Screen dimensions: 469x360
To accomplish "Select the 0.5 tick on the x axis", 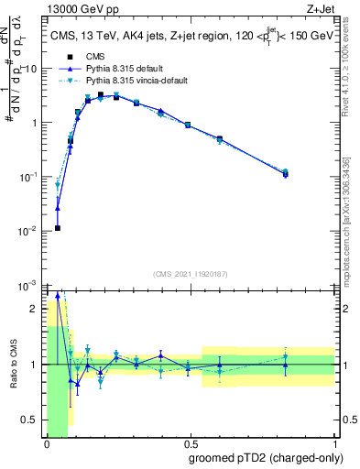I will click(190, 445).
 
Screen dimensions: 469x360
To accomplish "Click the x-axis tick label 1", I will click(333, 445).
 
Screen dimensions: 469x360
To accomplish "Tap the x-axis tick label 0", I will click(47, 445).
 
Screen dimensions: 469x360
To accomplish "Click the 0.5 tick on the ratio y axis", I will click(32, 420).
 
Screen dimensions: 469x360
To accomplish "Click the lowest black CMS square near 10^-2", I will click(58, 228).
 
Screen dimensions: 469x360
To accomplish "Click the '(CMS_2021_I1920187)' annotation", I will click(190, 273).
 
